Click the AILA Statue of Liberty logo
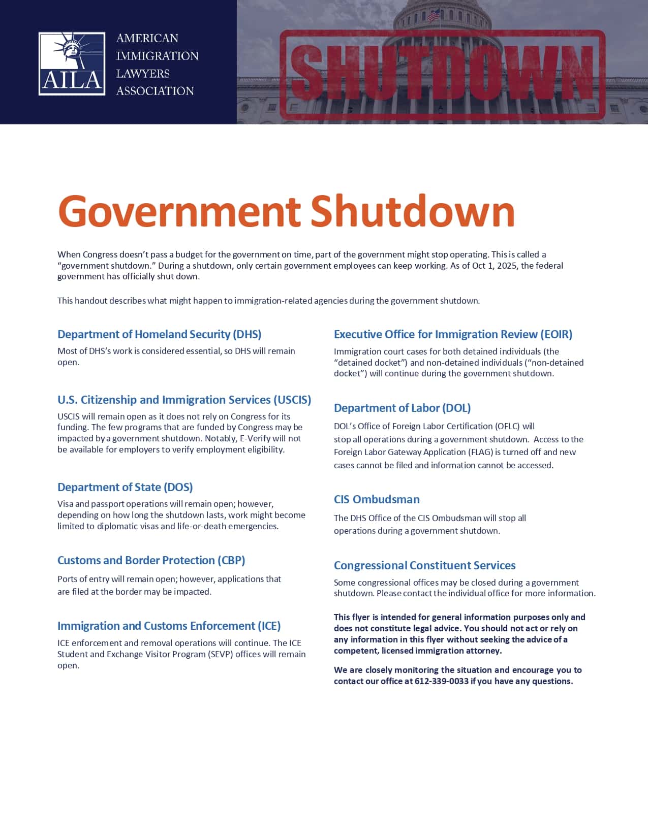[72, 63]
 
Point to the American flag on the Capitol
[434, 15]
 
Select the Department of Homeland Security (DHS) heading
[159, 334]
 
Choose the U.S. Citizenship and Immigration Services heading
[184, 400]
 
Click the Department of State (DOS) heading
[125, 487]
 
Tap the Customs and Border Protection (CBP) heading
[151, 560]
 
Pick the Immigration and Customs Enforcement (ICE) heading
[169, 626]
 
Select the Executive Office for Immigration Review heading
[453, 334]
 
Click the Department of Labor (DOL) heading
[402, 408]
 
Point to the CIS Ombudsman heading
[377, 499]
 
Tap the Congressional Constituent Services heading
[424, 565]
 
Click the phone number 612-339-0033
[441, 681]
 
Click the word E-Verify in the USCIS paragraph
[257, 438]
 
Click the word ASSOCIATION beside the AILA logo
[155, 91]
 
